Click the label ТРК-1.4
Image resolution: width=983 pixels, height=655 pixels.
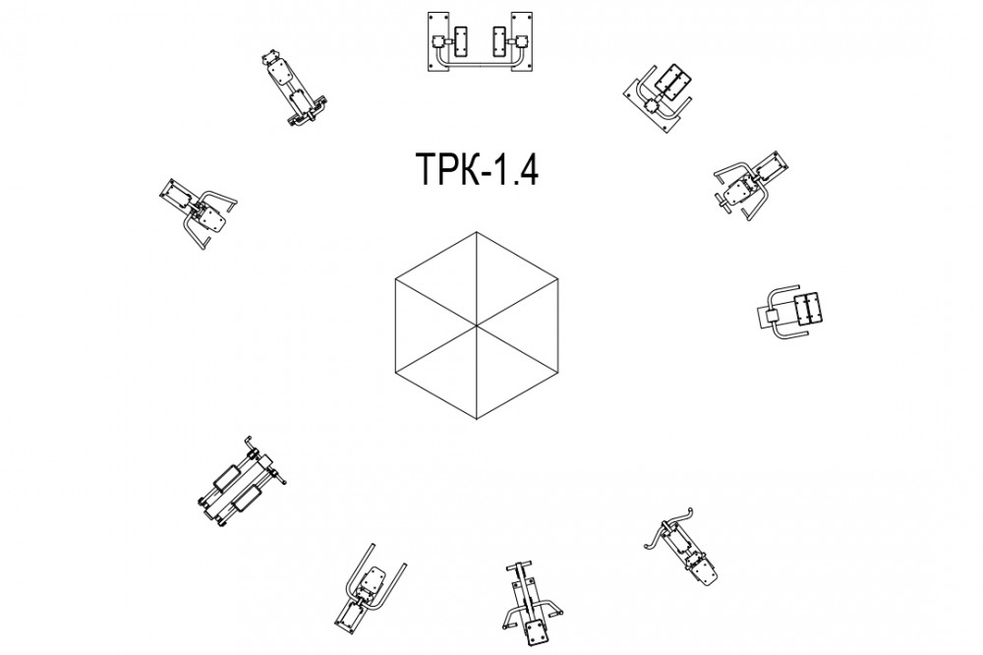coord(477,170)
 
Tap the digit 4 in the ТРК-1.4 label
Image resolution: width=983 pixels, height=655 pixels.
coord(527,170)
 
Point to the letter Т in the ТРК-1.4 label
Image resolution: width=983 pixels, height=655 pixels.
coord(428,170)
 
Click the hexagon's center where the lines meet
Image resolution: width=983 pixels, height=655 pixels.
coord(477,326)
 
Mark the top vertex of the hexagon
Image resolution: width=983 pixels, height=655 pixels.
coord(477,232)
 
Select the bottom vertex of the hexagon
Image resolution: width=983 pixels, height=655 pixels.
coord(477,419)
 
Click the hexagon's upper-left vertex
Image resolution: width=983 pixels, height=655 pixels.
coord(395,279)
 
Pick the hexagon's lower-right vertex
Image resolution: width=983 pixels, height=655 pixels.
coord(558,372)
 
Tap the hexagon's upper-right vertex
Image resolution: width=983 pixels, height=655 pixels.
coord(558,279)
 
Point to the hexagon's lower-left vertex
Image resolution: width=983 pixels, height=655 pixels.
coord(395,372)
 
